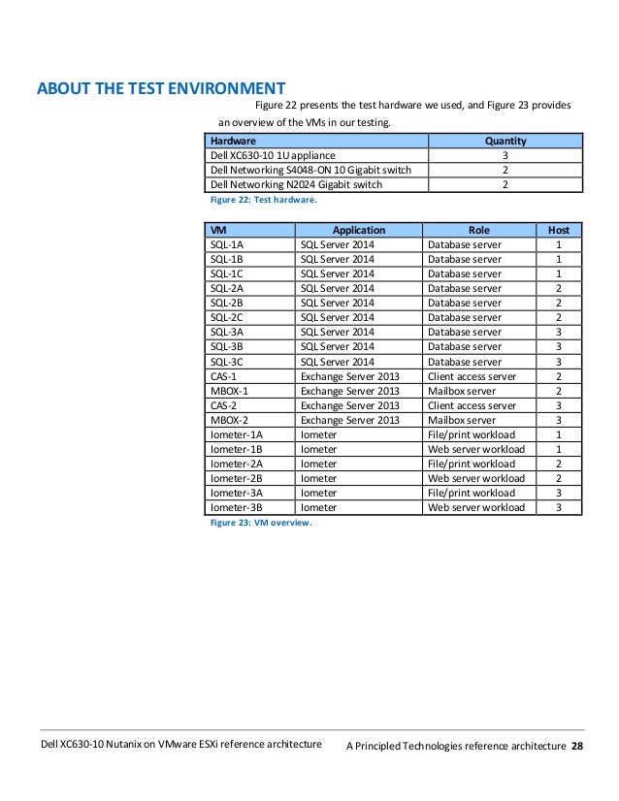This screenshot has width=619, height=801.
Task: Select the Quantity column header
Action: pyautogui.click(x=505, y=141)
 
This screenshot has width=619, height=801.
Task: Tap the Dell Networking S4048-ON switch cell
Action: pyautogui.click(x=307, y=170)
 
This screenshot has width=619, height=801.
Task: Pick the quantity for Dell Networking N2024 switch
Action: pyautogui.click(x=505, y=184)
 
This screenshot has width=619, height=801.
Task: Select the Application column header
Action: pyautogui.click(x=359, y=231)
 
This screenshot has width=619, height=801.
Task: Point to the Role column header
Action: pyautogui.click(x=479, y=231)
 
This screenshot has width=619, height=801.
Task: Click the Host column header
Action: pyautogui.click(x=559, y=231)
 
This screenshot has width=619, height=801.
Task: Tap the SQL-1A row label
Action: pyautogui.click(x=227, y=245)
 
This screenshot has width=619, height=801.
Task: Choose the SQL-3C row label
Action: pyautogui.click(x=227, y=362)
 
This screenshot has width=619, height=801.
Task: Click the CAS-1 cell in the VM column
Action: pyautogui.click(x=223, y=376)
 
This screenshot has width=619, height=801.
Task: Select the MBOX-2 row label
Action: pyautogui.click(x=228, y=420)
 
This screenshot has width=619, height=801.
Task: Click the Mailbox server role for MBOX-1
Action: pyautogui.click(x=463, y=391)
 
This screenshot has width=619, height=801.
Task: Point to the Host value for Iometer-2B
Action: pyautogui.click(x=559, y=478)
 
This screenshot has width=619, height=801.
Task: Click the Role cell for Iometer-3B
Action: pyautogui.click(x=476, y=507)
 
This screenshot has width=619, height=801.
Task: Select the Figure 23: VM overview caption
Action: pyautogui.click(x=261, y=523)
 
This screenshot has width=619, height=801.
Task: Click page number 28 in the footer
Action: pyautogui.click(x=577, y=745)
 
